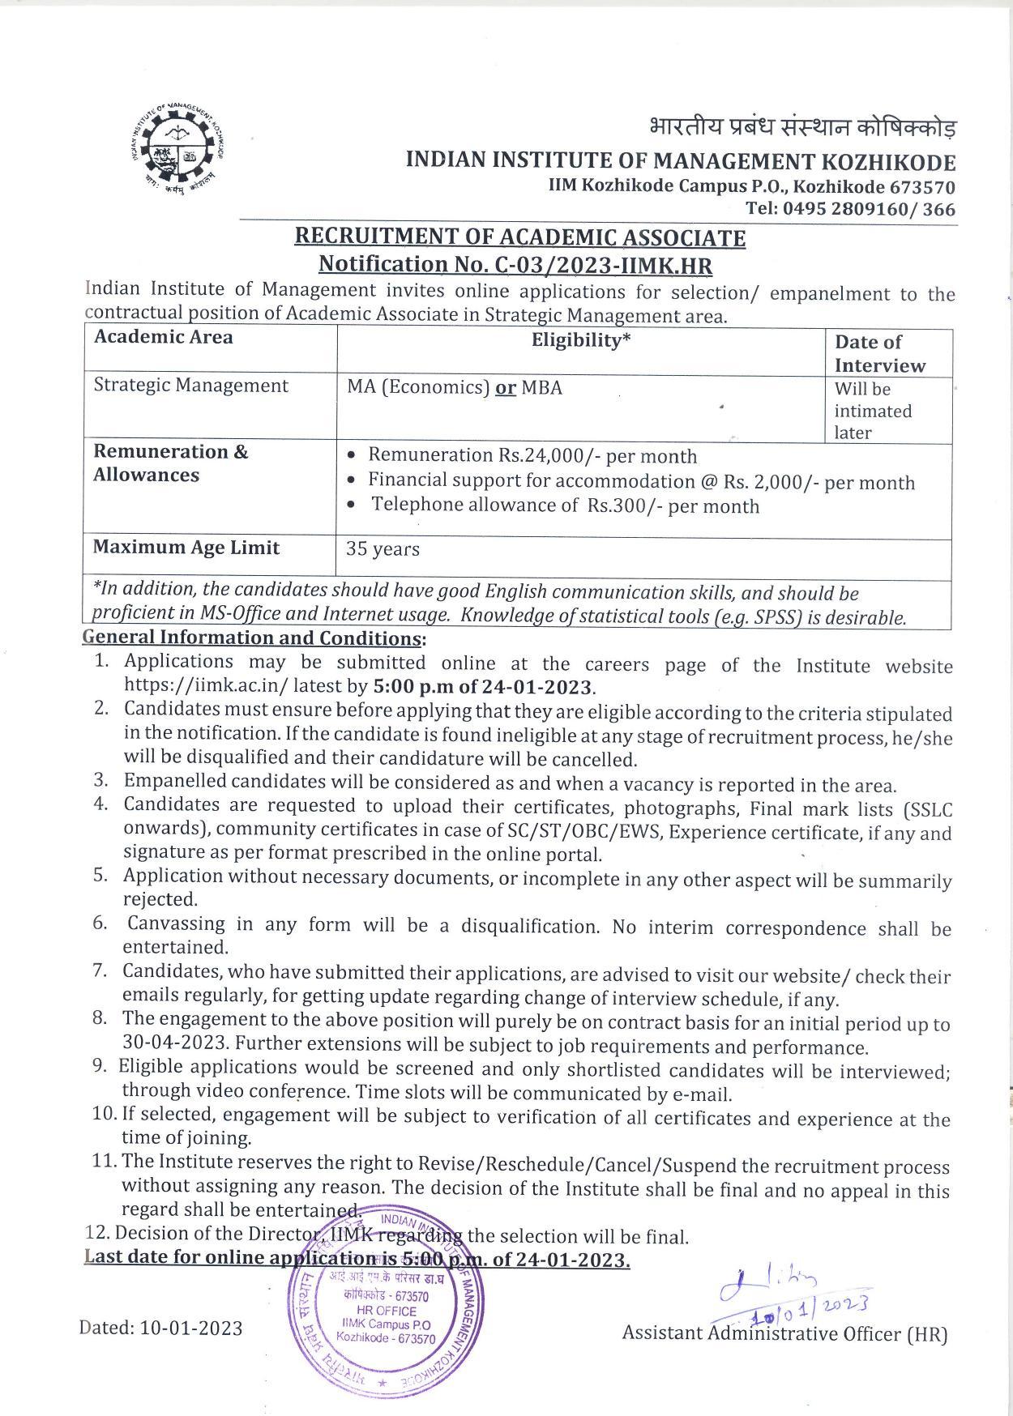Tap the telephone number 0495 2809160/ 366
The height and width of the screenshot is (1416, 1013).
869,209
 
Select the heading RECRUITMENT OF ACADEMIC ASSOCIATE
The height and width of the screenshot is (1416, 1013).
519,237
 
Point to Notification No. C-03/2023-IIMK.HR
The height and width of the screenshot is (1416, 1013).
515,264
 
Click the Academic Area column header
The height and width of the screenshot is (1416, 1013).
163,337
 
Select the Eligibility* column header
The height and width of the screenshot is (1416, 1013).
580,340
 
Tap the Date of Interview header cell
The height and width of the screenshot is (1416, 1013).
879,354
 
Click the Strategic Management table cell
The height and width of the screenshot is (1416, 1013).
191,386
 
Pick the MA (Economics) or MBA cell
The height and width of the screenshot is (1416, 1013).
455,387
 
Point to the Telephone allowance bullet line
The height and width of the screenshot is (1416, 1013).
565,506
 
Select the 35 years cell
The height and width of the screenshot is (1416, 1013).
383,549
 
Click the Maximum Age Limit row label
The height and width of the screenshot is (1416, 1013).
186,548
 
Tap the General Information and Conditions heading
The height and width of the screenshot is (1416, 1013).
254,638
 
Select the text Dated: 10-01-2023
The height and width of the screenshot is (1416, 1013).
160,1328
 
